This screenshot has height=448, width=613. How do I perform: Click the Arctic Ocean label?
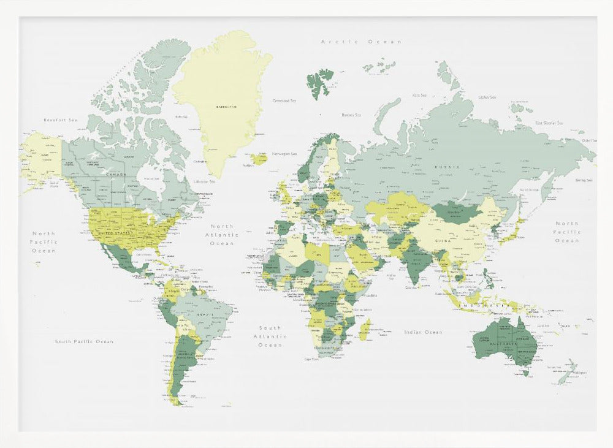pos(362,42)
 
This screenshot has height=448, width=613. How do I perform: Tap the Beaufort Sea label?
pos(61,120)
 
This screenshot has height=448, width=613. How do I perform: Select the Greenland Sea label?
pos(284,100)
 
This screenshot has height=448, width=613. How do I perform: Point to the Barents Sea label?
pos(351,115)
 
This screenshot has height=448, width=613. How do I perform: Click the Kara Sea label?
pos(419,95)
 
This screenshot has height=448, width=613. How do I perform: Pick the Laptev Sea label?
pos(487,97)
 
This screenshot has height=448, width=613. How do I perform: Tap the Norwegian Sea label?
pos(284,154)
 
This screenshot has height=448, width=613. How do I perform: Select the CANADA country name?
pos(116,175)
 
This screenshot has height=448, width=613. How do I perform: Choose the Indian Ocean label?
pos(423,332)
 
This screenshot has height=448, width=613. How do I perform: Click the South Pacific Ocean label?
pos(84,341)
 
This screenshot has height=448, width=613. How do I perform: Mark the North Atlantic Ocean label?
pos(222,235)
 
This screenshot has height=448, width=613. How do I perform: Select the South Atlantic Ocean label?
pos(270,336)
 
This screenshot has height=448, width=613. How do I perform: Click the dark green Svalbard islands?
pos(319,82)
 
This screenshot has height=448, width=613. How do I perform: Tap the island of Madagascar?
pos(365,329)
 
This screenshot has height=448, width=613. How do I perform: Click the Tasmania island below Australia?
pos(524,370)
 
